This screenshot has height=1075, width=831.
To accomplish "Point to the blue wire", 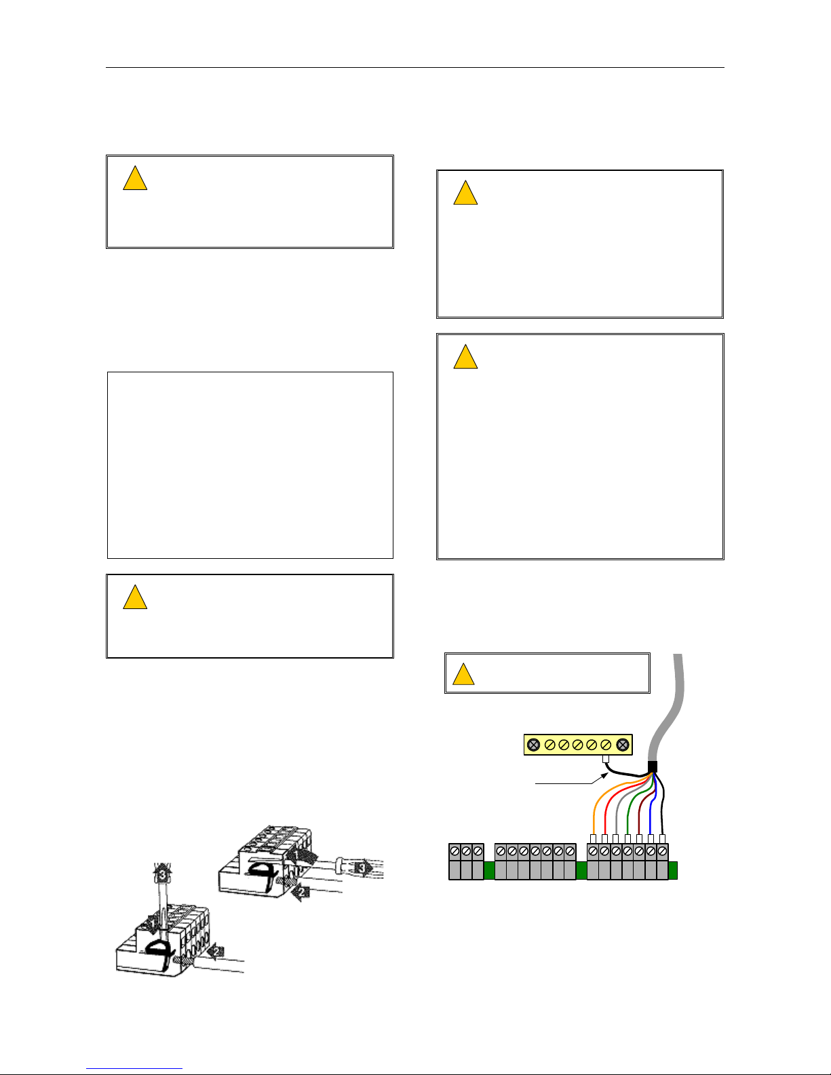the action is [652, 806].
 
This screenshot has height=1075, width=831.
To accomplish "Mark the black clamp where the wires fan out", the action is [653, 767].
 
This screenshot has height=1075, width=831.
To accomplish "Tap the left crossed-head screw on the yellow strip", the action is [533, 745].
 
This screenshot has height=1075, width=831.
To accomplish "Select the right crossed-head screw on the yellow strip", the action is [623, 745].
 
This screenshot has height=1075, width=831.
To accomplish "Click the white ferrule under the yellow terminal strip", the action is [605, 760].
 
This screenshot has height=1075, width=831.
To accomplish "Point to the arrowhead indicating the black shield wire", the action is [604, 777].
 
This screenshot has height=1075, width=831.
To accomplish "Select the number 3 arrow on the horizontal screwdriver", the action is [364, 868].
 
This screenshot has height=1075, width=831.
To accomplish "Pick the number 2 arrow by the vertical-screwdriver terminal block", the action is [216, 952].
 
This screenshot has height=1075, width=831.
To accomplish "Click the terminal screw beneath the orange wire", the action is [593, 851].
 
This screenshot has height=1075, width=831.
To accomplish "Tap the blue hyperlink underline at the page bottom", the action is [134, 1069].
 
